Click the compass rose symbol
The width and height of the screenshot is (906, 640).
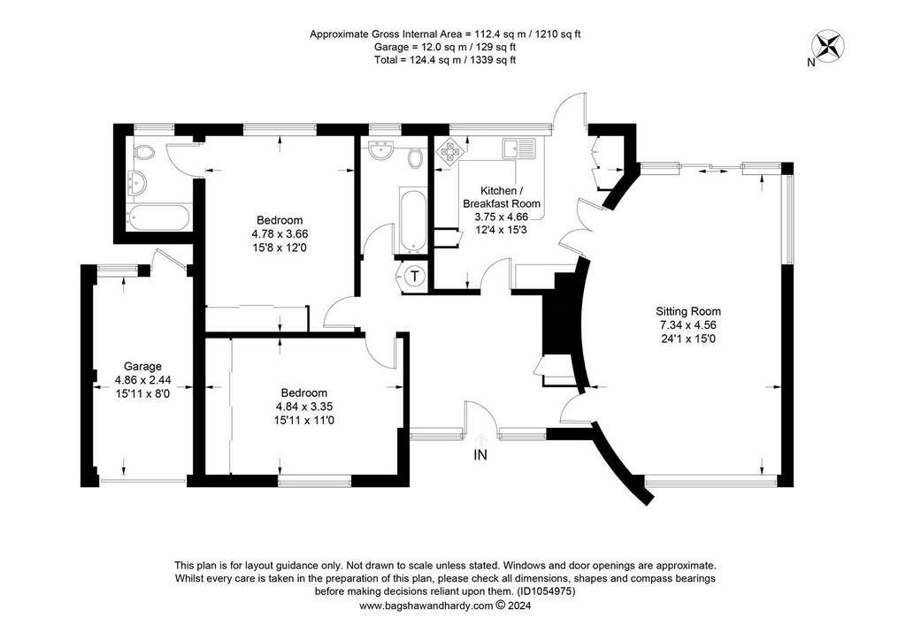[x=827, y=46]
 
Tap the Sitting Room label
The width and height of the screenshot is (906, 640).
[x=688, y=311]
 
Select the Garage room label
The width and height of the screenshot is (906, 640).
[x=142, y=367]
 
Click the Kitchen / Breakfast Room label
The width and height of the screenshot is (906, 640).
[x=502, y=197]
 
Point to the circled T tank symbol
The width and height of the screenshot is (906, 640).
[x=414, y=276]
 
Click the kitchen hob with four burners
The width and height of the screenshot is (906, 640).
[x=449, y=149]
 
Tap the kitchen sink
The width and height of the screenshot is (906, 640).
[x=518, y=149]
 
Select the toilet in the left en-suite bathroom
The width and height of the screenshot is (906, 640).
[x=143, y=153]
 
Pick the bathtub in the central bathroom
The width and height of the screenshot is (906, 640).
[x=413, y=220]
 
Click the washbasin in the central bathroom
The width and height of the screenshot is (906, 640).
[x=380, y=150]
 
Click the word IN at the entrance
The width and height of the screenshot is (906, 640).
[x=480, y=454]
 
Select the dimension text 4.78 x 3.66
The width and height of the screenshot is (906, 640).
[x=280, y=234]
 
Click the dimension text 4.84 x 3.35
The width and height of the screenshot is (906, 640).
[x=304, y=407]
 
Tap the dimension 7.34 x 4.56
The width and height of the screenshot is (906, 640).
[x=688, y=325]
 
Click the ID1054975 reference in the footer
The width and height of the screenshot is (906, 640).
[x=546, y=591]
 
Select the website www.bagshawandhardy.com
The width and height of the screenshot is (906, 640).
[x=426, y=606]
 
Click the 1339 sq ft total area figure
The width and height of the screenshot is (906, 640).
[x=494, y=59]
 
